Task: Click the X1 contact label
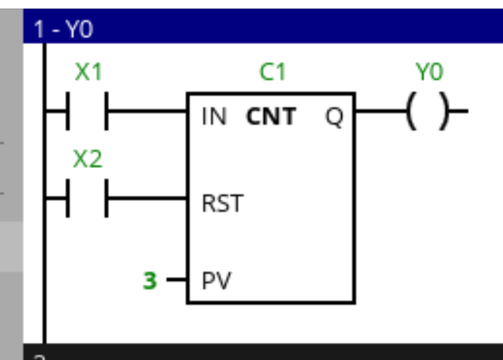(x=88, y=73)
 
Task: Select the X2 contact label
(x=87, y=159)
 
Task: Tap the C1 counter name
(x=272, y=73)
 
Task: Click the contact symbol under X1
(x=87, y=116)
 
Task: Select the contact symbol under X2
(x=87, y=203)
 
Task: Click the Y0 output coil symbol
(x=428, y=116)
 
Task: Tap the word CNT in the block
(x=271, y=117)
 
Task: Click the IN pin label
(x=214, y=117)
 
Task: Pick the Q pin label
(x=334, y=117)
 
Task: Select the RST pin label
(x=221, y=204)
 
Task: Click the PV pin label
(x=216, y=279)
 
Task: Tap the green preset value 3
(x=149, y=279)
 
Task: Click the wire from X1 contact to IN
(x=147, y=116)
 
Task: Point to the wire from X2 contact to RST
(x=147, y=203)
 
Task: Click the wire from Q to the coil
(x=379, y=116)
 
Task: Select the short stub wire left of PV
(x=176, y=279)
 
